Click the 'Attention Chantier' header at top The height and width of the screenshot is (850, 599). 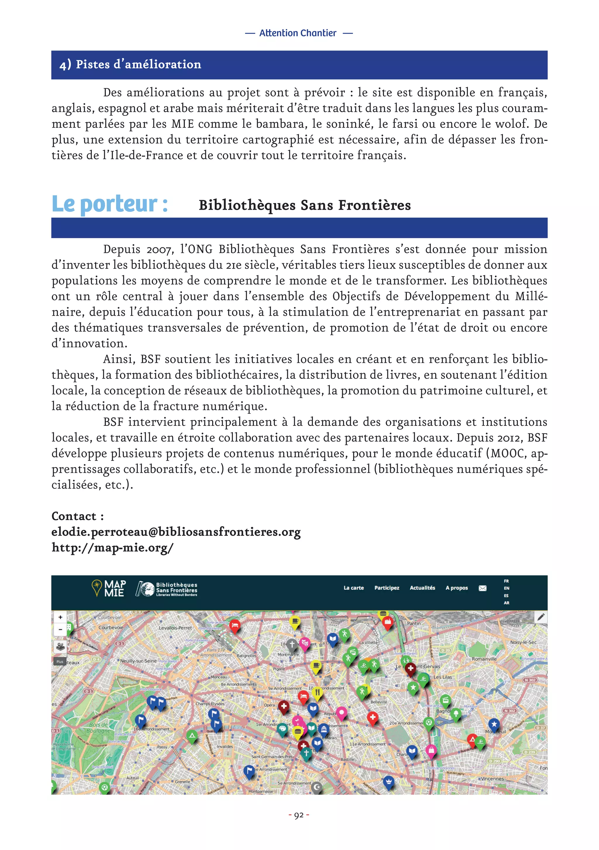(298, 33)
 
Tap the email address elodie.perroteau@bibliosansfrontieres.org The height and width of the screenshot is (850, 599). (176, 532)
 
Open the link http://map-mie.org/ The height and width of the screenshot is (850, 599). (112, 547)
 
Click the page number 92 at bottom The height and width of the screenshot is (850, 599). (299, 815)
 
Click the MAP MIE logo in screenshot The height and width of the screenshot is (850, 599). (109, 588)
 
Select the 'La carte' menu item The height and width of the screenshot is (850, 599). (353, 588)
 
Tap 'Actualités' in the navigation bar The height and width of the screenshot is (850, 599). (422, 588)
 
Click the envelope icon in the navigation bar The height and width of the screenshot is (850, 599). (482, 588)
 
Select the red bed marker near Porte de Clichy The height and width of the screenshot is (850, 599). (235, 626)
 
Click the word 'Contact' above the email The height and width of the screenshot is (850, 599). (74, 516)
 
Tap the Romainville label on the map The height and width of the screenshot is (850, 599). (484, 659)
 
